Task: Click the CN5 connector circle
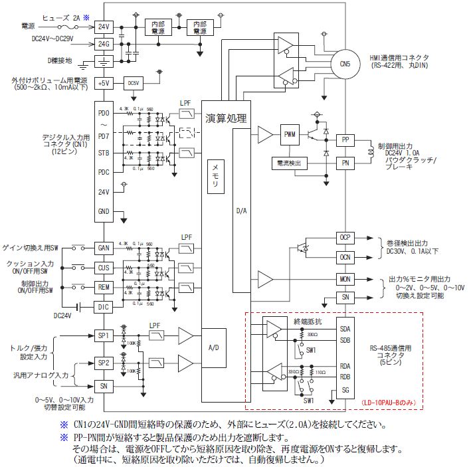(341, 64)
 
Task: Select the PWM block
(290, 134)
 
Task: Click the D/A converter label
(241, 211)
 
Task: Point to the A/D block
(213, 347)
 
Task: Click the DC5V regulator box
(134, 83)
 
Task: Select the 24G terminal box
(104, 44)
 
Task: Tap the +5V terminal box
(104, 83)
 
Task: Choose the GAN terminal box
(104, 247)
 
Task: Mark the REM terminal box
(104, 287)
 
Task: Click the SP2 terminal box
(104, 363)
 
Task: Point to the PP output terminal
(345, 140)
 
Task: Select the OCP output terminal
(344, 237)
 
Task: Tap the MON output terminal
(344, 279)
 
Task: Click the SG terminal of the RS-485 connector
(345, 390)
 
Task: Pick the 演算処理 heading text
(227, 118)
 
